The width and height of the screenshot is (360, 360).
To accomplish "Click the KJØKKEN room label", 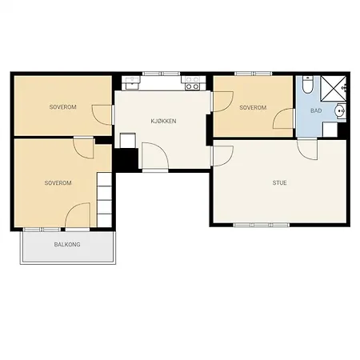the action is point(163,121).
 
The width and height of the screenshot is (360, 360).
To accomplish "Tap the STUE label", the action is point(279,182).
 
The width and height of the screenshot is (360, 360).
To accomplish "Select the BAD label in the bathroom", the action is point(316,110).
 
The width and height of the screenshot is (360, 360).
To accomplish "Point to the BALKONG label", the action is point(67,244).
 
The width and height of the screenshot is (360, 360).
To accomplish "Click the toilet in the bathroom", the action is point(308,84).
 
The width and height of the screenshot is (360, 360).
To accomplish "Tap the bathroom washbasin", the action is point(341,110).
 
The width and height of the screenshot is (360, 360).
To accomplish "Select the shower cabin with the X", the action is point(333,89).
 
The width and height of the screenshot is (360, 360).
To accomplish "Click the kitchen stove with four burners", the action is point(194,83).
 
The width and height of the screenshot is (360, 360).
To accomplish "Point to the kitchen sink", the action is point(132,82).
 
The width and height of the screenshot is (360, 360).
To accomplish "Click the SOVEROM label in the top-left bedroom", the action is point(63,107).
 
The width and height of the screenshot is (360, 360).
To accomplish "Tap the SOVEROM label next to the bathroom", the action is point(253,107).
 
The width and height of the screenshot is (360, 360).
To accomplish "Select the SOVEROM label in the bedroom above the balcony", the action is point(58,183).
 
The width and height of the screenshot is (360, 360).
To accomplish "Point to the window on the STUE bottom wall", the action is point(262,225).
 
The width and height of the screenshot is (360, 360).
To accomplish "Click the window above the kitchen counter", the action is point(161,74).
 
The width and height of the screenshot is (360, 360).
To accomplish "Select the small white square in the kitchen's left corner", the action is point(128,141).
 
